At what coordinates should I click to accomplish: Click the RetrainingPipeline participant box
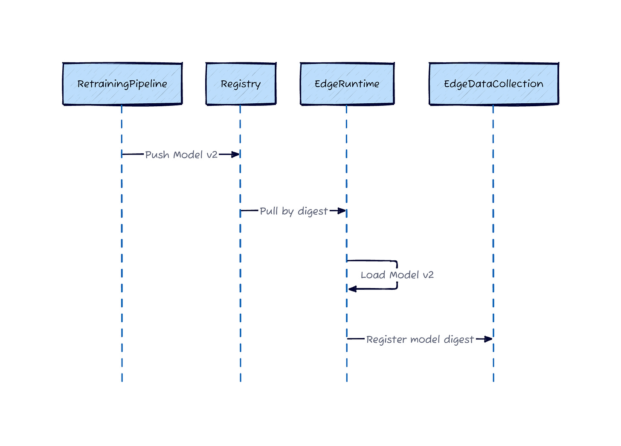(x=122, y=84)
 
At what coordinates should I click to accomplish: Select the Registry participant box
(x=241, y=84)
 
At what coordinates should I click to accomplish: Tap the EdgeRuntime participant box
(x=347, y=84)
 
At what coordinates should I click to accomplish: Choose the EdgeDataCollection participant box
(x=493, y=84)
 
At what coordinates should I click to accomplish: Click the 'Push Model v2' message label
(x=181, y=154)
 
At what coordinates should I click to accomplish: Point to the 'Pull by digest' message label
(x=293, y=211)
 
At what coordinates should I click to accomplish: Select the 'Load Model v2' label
(x=397, y=275)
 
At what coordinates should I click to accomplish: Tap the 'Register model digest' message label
(x=420, y=339)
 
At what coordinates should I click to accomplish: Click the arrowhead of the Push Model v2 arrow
(x=236, y=154)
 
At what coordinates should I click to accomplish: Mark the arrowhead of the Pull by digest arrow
(x=342, y=211)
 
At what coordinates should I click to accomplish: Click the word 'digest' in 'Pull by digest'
(x=313, y=211)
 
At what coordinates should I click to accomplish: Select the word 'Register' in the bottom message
(x=382, y=339)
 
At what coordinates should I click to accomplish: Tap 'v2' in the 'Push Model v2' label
(x=212, y=154)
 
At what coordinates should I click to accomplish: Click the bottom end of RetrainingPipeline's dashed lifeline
(x=122, y=380)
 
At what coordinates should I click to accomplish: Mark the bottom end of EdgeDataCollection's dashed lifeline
(x=493, y=380)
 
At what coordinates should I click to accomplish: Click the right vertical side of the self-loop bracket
(x=397, y=275)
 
